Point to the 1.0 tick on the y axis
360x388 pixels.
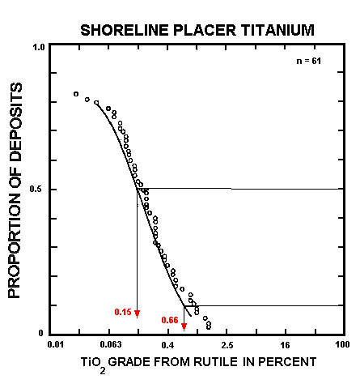(38, 47)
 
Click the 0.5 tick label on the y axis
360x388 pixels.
(38, 190)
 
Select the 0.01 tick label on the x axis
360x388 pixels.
(55, 345)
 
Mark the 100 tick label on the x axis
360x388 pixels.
(341, 345)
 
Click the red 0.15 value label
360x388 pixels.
(122, 312)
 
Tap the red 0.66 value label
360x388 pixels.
(169, 321)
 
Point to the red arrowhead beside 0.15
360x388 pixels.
(138, 313)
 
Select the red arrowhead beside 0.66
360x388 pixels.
(184, 326)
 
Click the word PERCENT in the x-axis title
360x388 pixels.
(288, 361)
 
